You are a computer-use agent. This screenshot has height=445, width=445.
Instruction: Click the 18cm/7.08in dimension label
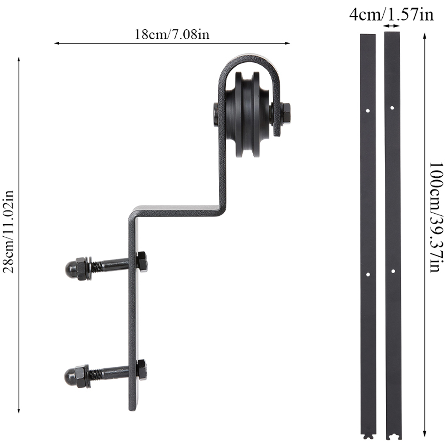pyautogui.click(x=172, y=35)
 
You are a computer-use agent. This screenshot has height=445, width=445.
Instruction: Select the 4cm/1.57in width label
pyautogui.click(x=391, y=15)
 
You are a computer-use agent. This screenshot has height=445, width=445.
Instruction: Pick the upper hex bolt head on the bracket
pyautogui.click(x=142, y=261)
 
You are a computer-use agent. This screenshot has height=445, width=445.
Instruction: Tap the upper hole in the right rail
pyautogui.click(x=392, y=107)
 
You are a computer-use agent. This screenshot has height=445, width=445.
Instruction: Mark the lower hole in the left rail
pyautogui.click(x=368, y=275)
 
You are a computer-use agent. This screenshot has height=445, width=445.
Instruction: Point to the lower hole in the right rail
pyautogui.click(x=392, y=271)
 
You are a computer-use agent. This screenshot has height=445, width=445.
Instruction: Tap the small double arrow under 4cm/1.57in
pyautogui.click(x=391, y=27)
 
